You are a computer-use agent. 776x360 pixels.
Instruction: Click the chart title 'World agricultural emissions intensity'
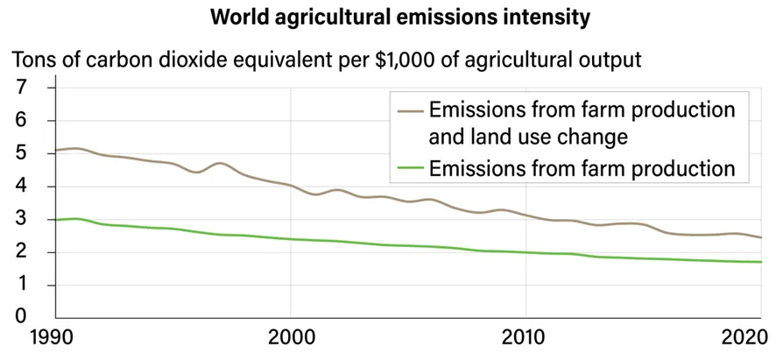pos(388,17)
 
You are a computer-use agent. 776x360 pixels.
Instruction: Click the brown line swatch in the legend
pos(410,111)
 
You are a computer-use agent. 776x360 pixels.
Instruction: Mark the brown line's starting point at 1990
pos(57,151)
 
